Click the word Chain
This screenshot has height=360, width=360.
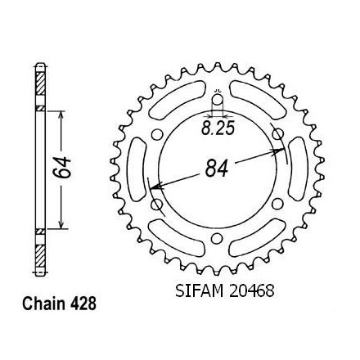click(x=43, y=304)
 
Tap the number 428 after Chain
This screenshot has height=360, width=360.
click(x=83, y=304)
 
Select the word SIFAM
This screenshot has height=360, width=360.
click(x=200, y=291)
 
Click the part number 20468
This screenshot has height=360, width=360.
click(x=251, y=291)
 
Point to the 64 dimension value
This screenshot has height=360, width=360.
click(x=61, y=167)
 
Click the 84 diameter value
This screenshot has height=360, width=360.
click(x=217, y=168)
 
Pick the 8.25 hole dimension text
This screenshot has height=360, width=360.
click(x=218, y=128)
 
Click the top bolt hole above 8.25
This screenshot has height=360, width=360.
click(x=218, y=100)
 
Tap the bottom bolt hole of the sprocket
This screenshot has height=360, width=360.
click(x=216, y=238)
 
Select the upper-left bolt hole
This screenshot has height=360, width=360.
click(x=156, y=135)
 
